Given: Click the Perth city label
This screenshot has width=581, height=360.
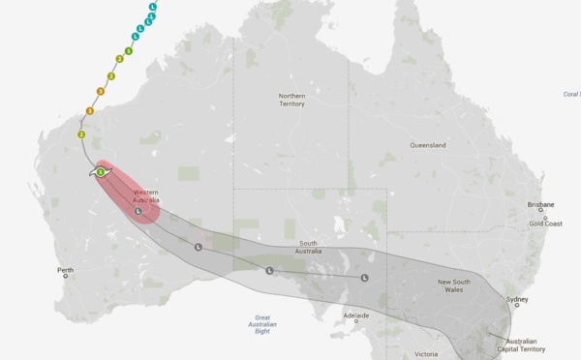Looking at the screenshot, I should coord(65,270).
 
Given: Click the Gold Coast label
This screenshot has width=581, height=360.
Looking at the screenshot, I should coord(546,224).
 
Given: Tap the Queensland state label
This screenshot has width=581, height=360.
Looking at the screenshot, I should coord(427,145).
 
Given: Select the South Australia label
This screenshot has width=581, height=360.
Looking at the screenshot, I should coord(309,247).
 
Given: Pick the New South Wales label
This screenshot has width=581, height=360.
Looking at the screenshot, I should coord(454,285).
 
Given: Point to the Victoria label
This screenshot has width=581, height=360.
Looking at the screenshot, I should coord(427,354).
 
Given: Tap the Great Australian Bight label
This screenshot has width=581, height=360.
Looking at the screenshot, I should coord(260,322).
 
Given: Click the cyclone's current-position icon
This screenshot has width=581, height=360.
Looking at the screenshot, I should coord(100,171).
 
